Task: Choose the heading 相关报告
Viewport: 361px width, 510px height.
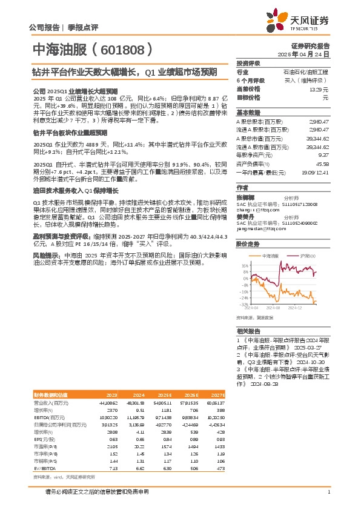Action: (x=248, y=331)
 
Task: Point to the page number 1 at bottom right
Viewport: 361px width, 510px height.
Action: (x=328, y=492)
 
